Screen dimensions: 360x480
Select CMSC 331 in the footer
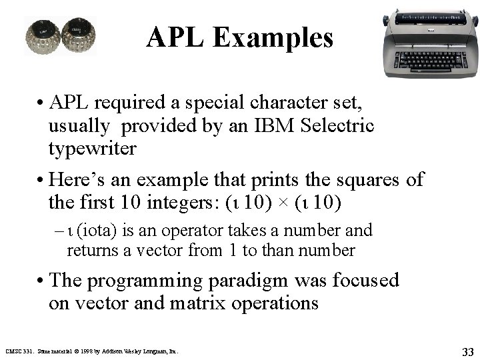(x=19, y=350)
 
